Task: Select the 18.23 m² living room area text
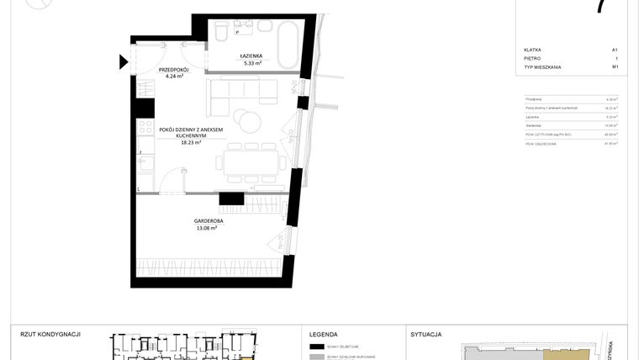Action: pyautogui.click(x=191, y=143)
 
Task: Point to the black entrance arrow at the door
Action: pyautogui.click(x=124, y=61)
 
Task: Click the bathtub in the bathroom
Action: pyautogui.click(x=287, y=47)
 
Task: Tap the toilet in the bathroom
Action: pyautogui.click(x=220, y=32)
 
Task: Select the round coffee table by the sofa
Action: pyautogui.click(x=247, y=121)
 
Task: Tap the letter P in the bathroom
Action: pyautogui.click(x=237, y=33)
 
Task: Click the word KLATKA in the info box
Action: pyautogui.click(x=531, y=50)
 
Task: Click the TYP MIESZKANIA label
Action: pyautogui.click(x=542, y=66)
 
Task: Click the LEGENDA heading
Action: pyautogui.click(x=324, y=334)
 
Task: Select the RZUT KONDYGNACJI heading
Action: pyautogui.click(x=50, y=334)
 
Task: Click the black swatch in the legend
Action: pyautogui.click(x=317, y=346)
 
